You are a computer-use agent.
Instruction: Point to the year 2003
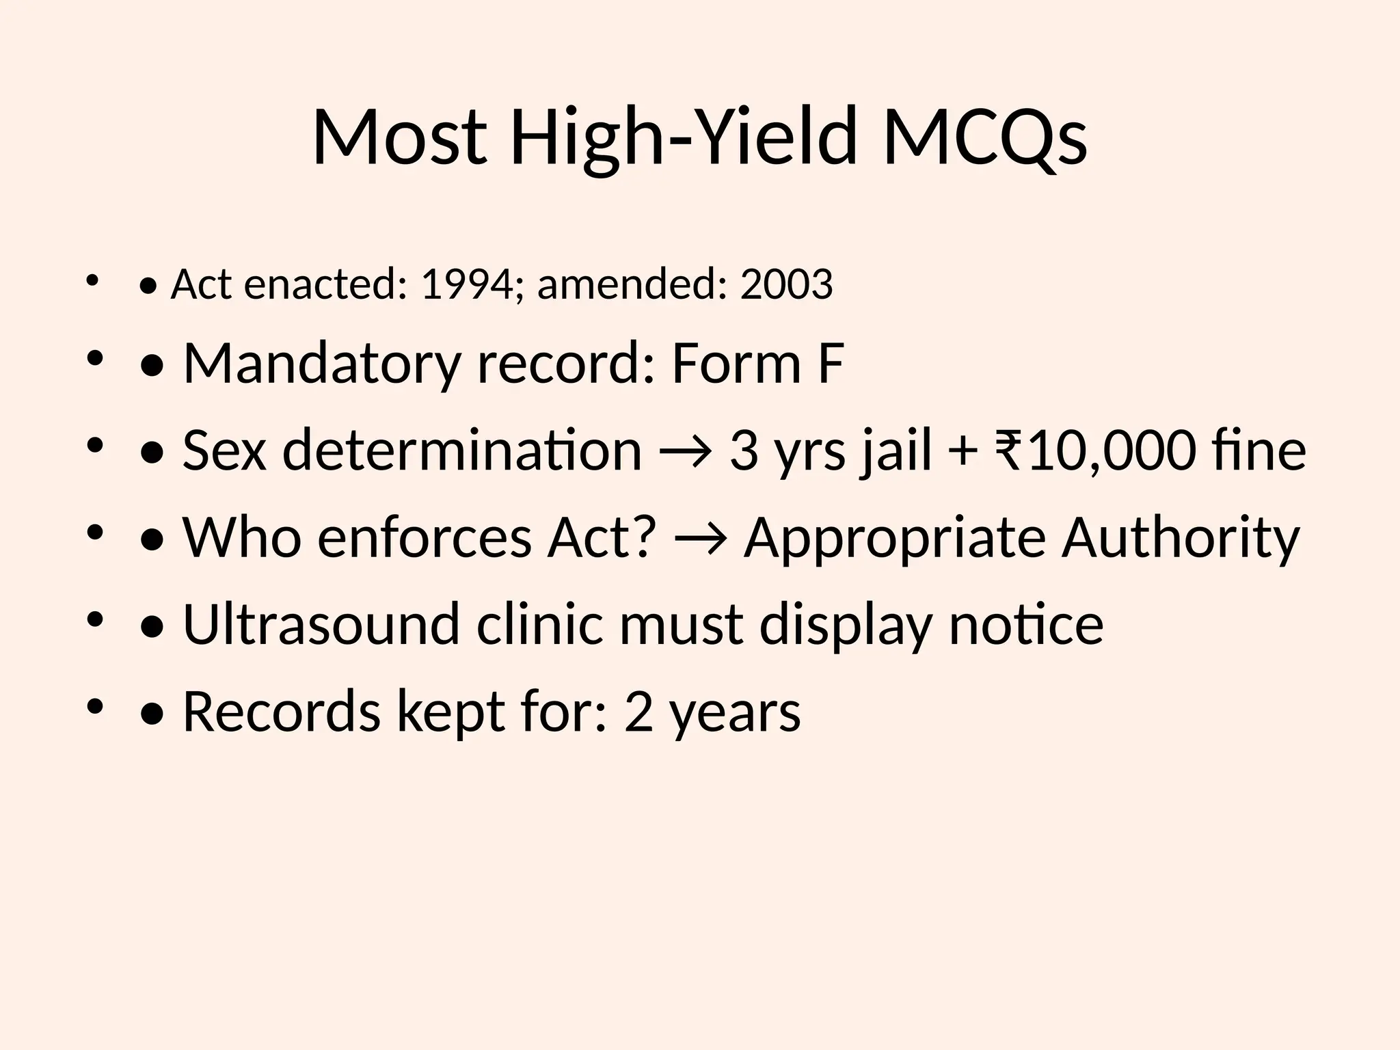click(x=786, y=284)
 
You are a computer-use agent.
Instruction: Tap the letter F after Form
click(x=830, y=364)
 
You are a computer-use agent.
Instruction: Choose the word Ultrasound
click(x=321, y=625)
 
